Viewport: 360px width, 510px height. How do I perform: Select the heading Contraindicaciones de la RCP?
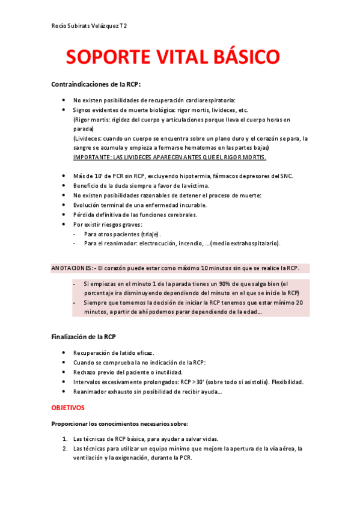[96, 84]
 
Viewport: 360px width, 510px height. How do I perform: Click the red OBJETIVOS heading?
[68, 407]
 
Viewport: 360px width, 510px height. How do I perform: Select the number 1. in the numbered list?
[64, 438]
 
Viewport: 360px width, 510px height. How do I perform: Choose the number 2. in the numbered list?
[64, 448]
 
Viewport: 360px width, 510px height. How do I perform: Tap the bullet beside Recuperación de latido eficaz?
[64, 352]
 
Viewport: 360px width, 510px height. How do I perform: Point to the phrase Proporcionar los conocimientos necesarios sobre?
[120, 423]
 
